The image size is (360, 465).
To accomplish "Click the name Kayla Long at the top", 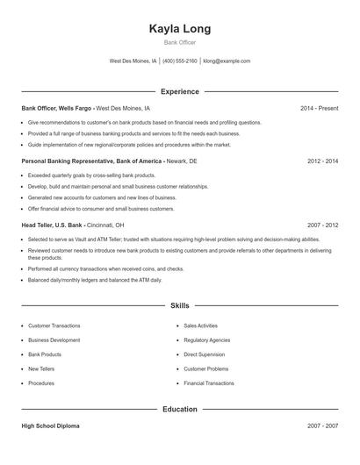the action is coord(180,28).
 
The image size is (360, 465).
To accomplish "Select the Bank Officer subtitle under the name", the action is coord(180,42).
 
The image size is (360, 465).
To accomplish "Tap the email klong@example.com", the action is coord(227,61).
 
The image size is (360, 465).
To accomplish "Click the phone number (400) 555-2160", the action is coord(180,61).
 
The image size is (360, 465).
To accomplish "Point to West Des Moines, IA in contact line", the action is coord(133,61).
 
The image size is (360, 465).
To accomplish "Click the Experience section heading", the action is coord(180,91).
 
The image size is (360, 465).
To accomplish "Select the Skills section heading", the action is coord(180,306).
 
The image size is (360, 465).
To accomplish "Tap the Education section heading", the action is coord(180,409).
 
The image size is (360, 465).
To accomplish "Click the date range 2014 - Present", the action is coord(319,108).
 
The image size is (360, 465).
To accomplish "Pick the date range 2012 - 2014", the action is coord(322,161).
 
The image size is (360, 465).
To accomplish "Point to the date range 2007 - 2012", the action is coord(322,225).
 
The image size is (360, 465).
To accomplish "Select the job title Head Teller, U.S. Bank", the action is coord(59,225).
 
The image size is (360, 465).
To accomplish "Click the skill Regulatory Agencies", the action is coord(207,340).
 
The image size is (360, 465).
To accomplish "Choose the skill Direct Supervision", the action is coord(204,354).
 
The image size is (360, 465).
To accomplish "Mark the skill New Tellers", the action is coord(41,368).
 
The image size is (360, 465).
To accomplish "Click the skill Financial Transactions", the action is coord(209,383).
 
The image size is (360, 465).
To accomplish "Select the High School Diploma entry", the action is coord(50,426).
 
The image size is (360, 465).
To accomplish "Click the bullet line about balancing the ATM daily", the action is coord(95,280).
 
